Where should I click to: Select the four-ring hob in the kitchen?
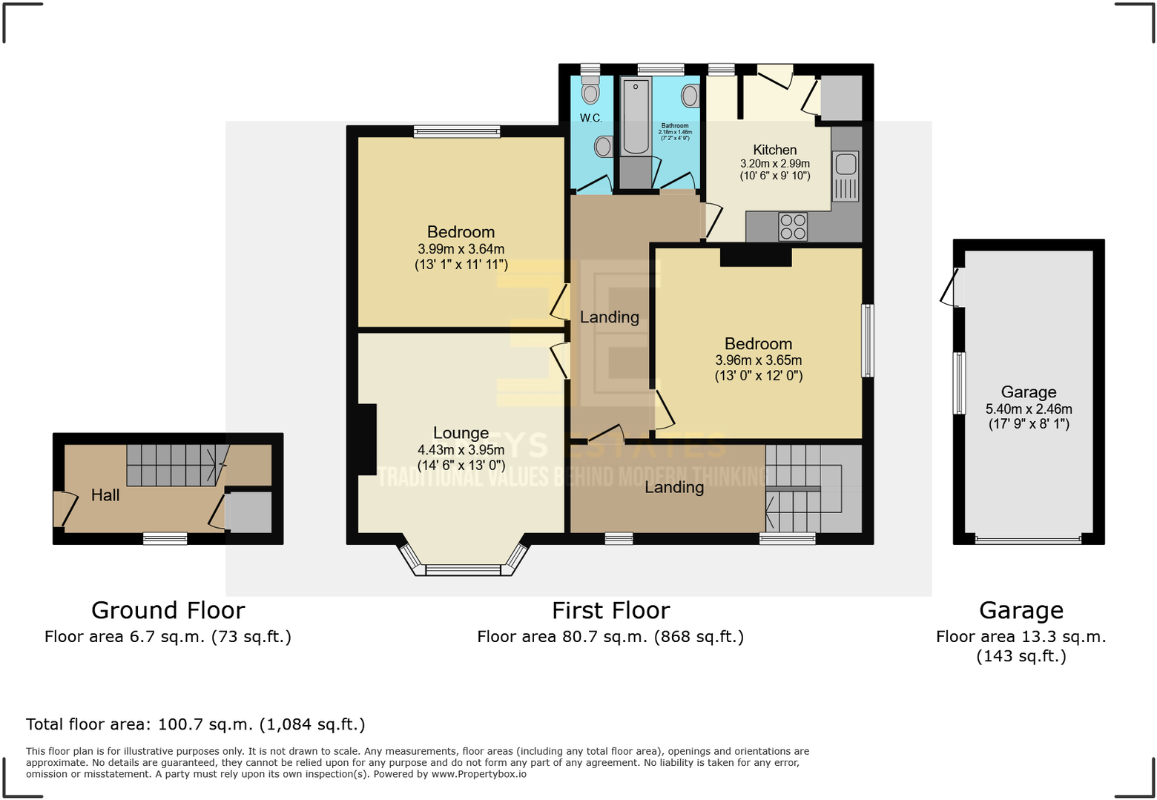click(793, 227)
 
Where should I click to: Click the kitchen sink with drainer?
click(846, 176)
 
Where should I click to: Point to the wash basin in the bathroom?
click(690, 96)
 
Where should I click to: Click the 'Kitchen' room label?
click(774, 150)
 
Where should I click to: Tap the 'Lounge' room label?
click(461, 433)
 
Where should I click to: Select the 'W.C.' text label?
click(591, 118)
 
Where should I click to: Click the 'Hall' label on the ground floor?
click(105, 495)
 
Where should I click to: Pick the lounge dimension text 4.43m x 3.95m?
click(461, 450)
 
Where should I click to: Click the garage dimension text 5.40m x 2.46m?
click(1028, 409)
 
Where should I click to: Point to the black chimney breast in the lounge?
click(367, 439)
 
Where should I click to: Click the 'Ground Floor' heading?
click(168, 610)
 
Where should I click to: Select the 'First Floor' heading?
click(610, 610)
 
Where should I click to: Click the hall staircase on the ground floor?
click(174, 465)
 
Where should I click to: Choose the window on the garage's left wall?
click(959, 383)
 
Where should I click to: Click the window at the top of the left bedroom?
click(457, 132)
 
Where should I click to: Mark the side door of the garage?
click(949, 287)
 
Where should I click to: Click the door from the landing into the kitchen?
click(711, 221)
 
